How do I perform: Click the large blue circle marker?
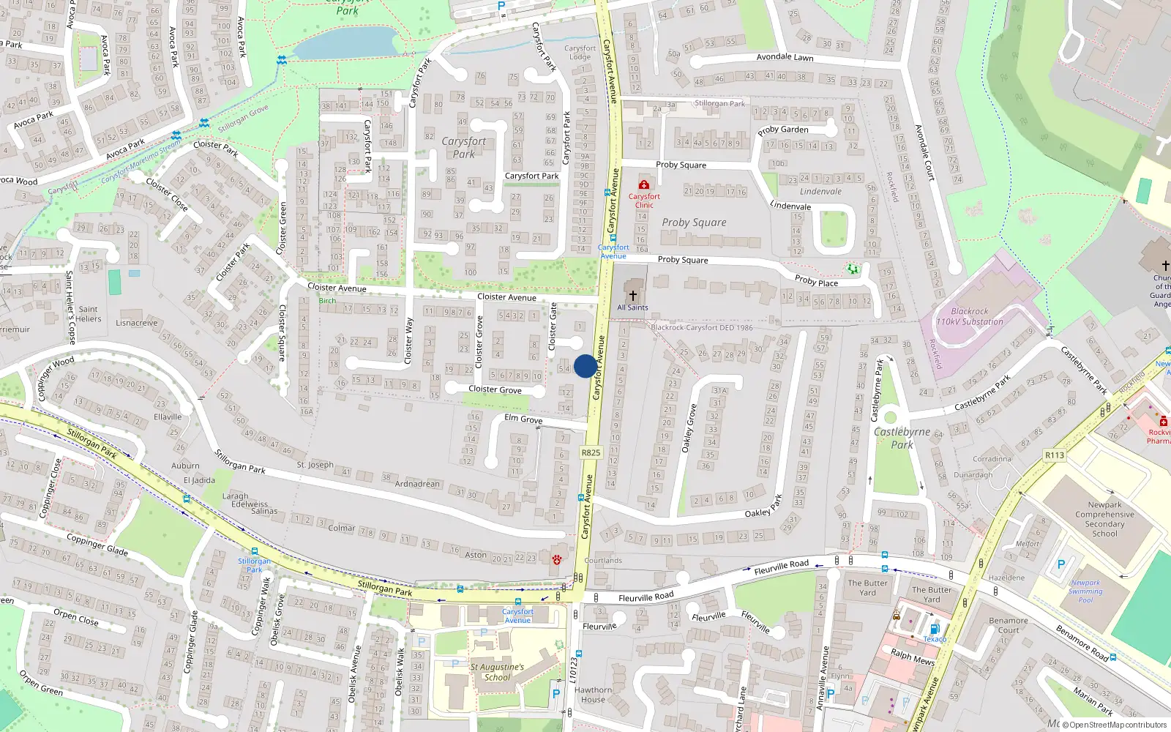point(585,366)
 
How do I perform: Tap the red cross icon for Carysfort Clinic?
point(643,184)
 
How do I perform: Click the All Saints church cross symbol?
point(633,296)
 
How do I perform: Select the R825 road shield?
point(591,452)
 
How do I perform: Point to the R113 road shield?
point(1054,455)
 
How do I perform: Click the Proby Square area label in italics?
point(694,223)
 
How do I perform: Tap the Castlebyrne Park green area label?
point(902,438)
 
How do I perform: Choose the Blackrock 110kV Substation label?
point(969,316)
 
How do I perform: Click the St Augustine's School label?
point(497,672)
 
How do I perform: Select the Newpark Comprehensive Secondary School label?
point(1104,519)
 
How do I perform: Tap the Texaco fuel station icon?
point(934,629)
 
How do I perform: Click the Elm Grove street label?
point(523,419)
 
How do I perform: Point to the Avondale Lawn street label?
point(785,57)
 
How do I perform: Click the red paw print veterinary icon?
point(557,560)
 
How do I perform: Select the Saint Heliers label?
point(88,314)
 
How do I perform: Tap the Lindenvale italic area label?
point(820,192)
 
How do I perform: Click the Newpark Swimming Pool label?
point(1085,591)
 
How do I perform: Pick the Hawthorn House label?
point(593,695)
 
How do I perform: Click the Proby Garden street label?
point(783,130)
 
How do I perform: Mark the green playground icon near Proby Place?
point(853,269)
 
